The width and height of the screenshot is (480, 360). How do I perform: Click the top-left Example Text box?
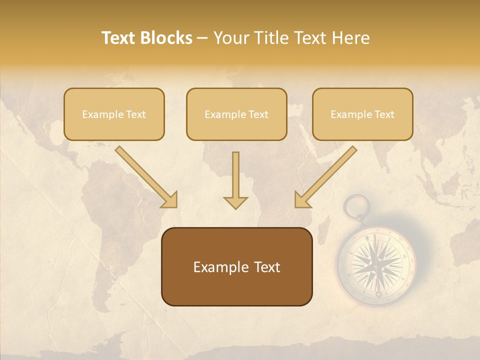tap(114, 114)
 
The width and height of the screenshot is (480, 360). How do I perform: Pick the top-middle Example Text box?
tap(236, 114)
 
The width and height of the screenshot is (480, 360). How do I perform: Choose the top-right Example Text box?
tap(362, 114)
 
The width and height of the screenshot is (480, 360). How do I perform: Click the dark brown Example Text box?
tap(236, 266)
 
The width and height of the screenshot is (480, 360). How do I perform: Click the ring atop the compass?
tap(357, 206)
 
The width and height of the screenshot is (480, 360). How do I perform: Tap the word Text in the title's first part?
tap(118, 38)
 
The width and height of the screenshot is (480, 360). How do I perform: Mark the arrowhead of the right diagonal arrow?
tap(302, 199)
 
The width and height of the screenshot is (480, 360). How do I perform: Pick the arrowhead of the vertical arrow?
tap(235, 202)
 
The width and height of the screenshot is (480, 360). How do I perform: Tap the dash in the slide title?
tap(202, 38)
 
